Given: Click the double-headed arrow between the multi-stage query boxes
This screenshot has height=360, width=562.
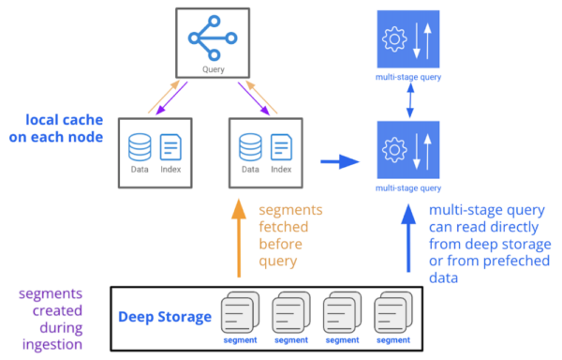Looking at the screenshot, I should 407,105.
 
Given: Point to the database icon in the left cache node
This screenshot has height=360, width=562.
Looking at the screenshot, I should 139,147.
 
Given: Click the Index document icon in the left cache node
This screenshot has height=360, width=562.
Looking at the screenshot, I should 170,147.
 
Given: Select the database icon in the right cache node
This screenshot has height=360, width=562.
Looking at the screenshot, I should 250,147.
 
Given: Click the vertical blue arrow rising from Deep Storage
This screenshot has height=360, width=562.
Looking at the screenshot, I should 407,240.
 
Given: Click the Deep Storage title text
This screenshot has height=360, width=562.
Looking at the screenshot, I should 163,317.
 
